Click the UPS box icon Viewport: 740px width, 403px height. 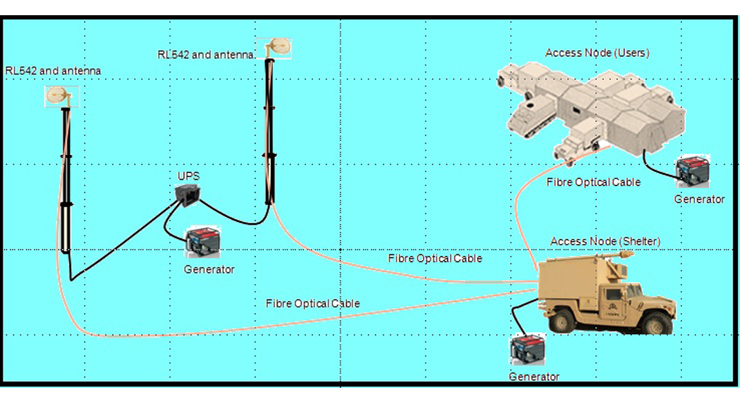pos(188,194)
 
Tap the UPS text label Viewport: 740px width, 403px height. pos(188,176)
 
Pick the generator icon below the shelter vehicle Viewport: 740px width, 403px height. pos(528,350)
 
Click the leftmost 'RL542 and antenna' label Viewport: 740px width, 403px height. pos(53,71)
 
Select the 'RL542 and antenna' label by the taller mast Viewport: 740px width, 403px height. pos(207,55)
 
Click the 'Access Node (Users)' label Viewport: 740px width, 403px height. pos(597,53)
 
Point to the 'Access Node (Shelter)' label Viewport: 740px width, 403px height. pos(605,241)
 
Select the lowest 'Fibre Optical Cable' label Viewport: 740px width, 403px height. pos(312,303)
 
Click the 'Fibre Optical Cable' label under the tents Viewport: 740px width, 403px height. pos(593,182)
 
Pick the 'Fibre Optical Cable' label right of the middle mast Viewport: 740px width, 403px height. pos(435,259)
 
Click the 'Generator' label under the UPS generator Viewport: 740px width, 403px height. pos(209,270)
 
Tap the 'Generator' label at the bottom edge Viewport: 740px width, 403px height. pos(533,377)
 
